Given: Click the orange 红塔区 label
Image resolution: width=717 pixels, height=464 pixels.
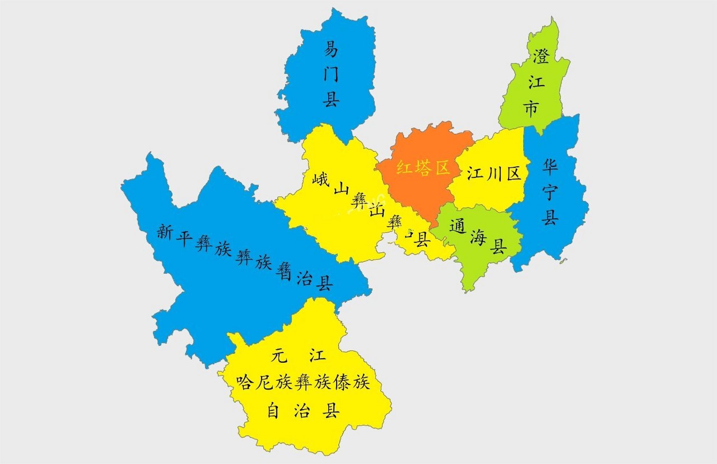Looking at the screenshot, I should coord(423,168).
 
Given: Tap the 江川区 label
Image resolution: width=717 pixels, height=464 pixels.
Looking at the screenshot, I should coord(493,174).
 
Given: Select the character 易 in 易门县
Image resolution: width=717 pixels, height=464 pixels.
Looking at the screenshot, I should coord(331,49).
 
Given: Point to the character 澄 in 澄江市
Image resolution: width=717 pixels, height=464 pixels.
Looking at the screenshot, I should coord(541,57).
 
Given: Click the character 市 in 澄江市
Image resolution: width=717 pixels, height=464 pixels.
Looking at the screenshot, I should coord(531,108).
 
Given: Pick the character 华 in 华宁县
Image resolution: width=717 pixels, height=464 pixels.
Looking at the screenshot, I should coord(550,166).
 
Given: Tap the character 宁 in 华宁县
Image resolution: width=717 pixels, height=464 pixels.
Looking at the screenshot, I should coord(550,192).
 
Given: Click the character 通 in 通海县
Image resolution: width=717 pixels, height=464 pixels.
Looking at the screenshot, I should coord(457,227).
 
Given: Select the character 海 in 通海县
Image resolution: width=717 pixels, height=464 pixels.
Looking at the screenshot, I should coord(478,238).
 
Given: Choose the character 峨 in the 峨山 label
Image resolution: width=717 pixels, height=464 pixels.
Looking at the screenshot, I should coord(320,179).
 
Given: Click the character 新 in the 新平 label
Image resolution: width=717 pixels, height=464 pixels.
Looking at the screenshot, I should coord(164,231).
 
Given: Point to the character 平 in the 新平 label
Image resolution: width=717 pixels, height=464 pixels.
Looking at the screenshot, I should coord(184,238).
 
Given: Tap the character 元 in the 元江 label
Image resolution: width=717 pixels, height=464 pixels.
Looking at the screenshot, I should coord(279,355).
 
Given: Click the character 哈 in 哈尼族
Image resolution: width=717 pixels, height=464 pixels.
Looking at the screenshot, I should coord(244,382).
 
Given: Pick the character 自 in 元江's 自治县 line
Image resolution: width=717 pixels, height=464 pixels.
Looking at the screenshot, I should coord(273,411).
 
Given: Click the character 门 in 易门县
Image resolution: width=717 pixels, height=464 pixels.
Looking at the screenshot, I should coord(331,74).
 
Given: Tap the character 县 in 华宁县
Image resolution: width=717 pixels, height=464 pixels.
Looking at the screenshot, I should coord(550,217).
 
